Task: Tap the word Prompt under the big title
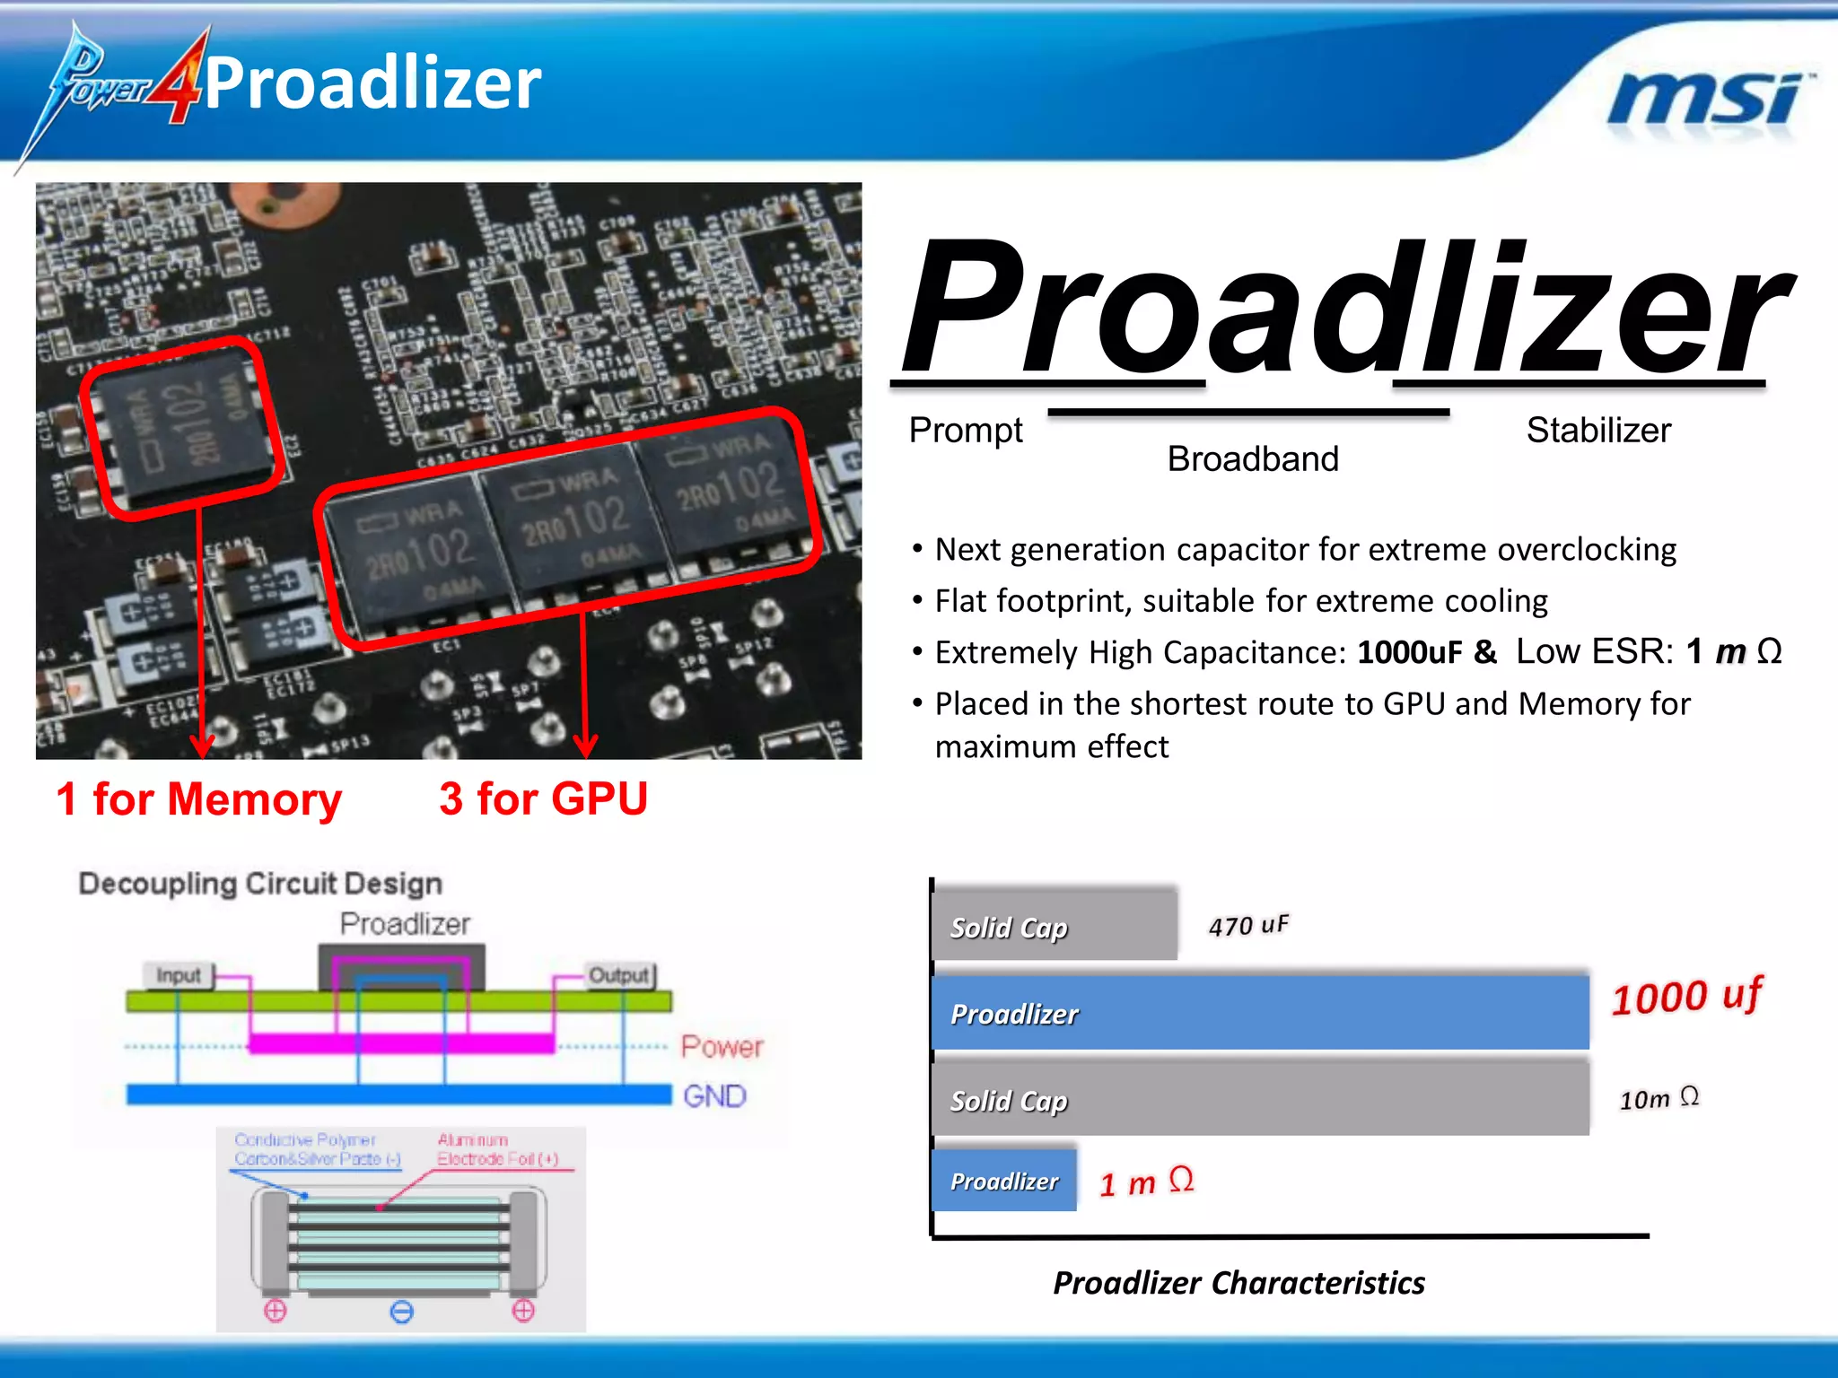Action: (x=966, y=431)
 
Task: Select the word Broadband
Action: (x=1253, y=459)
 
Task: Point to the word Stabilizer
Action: (x=1598, y=431)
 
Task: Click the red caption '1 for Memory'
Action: (x=199, y=798)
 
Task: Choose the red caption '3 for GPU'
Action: (x=543, y=798)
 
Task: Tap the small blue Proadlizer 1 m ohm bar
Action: (x=1004, y=1182)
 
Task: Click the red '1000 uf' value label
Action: (x=1687, y=996)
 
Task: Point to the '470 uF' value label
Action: (x=1248, y=925)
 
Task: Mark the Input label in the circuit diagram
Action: (x=179, y=975)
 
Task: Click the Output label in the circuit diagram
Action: (x=618, y=975)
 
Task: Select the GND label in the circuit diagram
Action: (x=714, y=1096)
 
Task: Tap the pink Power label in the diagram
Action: (x=722, y=1047)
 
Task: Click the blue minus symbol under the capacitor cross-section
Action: (x=402, y=1313)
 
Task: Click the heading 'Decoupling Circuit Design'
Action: (x=260, y=884)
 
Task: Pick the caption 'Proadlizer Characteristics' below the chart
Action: (x=1238, y=1283)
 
